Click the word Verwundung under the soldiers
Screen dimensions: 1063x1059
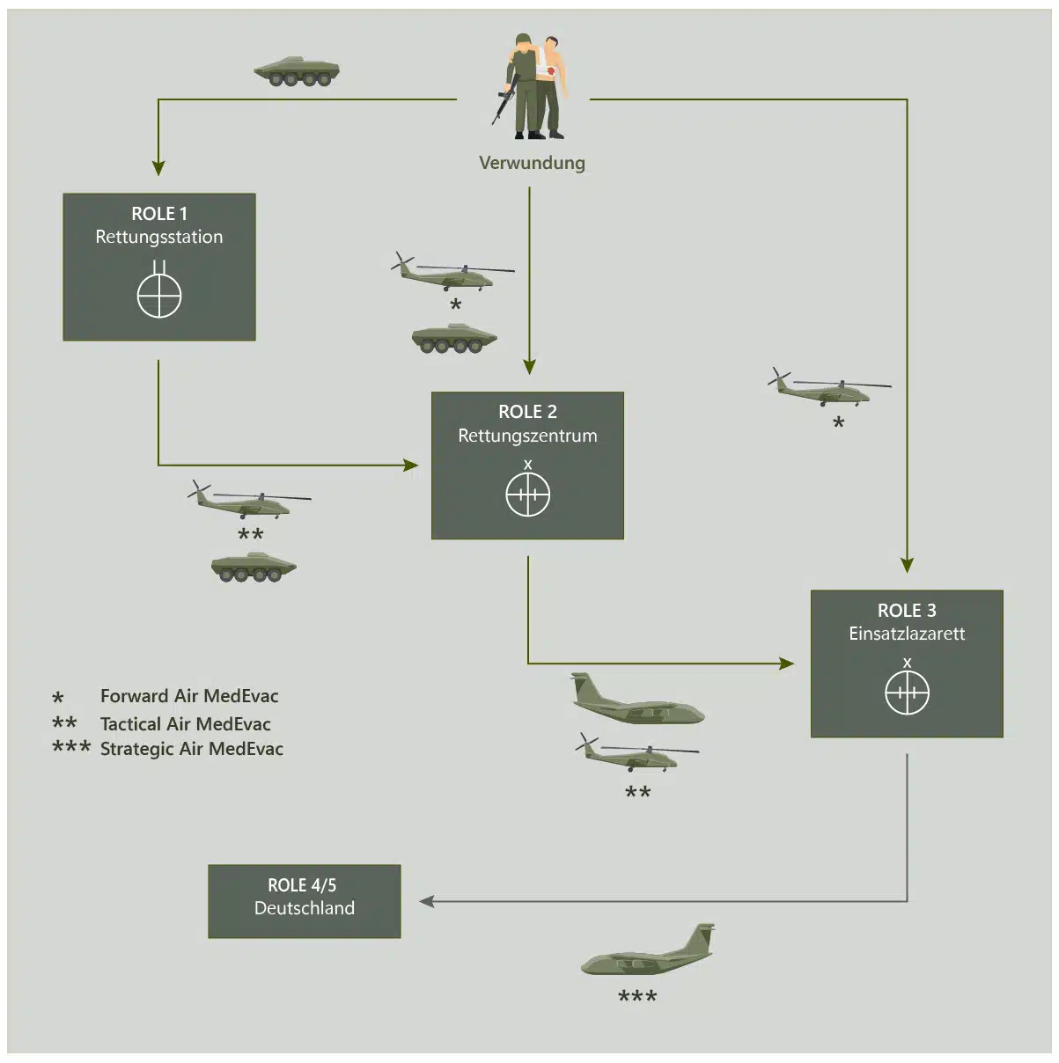[x=532, y=163]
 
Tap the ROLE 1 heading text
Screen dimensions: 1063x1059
[x=159, y=214]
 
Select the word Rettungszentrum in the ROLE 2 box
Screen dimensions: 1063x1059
[x=527, y=436]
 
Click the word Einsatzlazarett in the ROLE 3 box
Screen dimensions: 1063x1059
[x=907, y=634]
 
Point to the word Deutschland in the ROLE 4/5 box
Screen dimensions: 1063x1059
[x=305, y=908]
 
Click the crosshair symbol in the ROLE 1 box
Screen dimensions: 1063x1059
[x=159, y=295]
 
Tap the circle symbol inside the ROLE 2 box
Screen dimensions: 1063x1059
[x=528, y=495]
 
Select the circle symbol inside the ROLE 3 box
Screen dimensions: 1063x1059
[x=907, y=693]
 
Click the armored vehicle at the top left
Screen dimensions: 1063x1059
[x=297, y=71]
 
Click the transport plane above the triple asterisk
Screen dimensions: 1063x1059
[x=650, y=952]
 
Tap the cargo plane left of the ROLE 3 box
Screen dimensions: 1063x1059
[x=636, y=700]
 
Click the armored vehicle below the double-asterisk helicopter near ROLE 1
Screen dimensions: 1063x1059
[x=254, y=567]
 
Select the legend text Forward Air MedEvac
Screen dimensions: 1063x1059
[x=189, y=696]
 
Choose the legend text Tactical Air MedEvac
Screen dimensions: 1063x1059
[x=186, y=724]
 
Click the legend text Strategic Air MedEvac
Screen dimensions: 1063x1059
[x=192, y=749]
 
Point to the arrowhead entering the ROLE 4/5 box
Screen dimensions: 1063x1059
[x=427, y=901]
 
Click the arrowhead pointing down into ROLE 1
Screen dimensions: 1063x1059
[x=158, y=167]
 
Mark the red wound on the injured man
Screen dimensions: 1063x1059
[x=551, y=70]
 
